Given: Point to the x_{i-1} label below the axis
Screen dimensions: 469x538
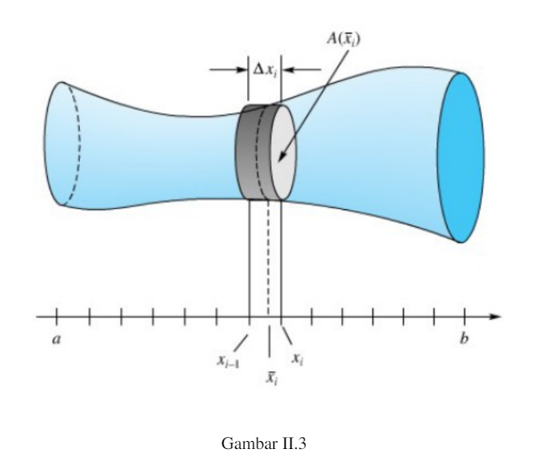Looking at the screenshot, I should pos(231,360).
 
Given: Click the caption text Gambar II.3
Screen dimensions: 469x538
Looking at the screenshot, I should pos(268,440).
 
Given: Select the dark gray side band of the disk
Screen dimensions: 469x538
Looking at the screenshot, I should pos(249,152).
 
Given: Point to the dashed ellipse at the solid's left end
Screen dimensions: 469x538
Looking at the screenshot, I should pos(70,144).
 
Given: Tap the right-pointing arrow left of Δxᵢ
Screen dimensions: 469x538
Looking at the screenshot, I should pos(228,70).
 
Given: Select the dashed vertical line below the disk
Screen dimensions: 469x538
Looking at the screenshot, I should pos(268,256).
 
